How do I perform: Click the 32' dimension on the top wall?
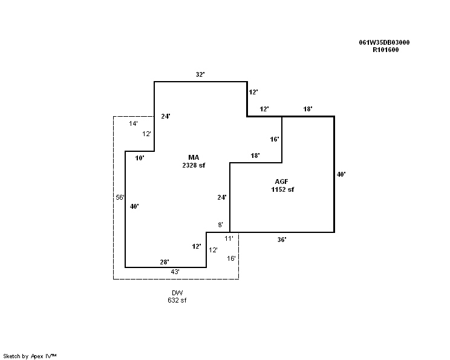200,74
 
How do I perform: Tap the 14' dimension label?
134,123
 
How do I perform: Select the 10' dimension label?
140,158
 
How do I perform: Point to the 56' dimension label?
120,197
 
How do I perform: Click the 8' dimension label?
220,225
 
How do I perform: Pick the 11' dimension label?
229,239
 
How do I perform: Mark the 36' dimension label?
282,240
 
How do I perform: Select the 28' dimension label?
164,261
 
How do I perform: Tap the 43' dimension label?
175,272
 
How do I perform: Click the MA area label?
194,157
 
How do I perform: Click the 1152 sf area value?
282,189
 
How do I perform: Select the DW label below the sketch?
177,293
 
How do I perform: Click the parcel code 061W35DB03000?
384,43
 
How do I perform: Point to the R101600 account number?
385,50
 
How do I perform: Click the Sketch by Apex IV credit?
30,356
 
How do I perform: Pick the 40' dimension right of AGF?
341,174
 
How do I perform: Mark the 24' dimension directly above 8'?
222,197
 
